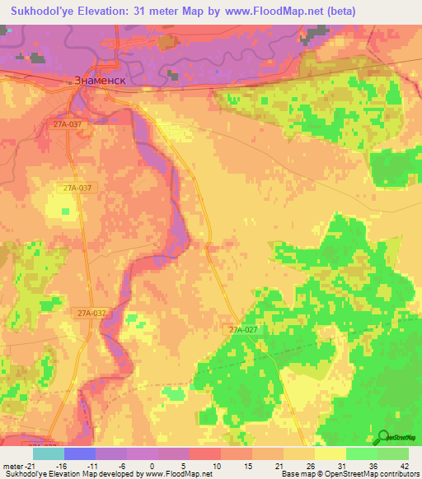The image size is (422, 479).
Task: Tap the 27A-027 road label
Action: (x=244, y=329)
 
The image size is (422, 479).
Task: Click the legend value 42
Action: (x=393, y=465)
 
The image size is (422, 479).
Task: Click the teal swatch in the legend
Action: (x=48, y=453)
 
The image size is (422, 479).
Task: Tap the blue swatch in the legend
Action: (x=79, y=453)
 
